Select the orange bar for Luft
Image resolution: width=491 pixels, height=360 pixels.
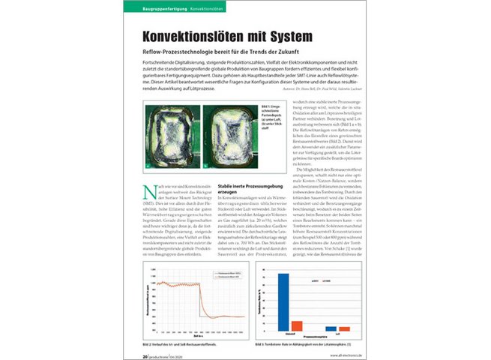tap(344, 328)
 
